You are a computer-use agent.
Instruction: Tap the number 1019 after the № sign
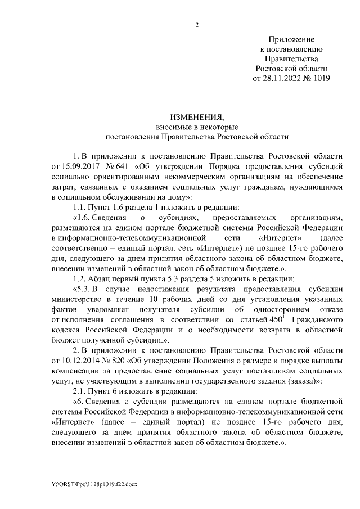click(319, 78)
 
